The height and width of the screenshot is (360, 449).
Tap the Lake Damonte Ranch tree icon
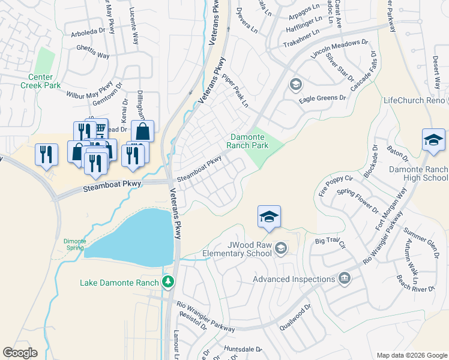pos(169,282)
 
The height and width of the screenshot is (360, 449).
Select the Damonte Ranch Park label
pos(247,142)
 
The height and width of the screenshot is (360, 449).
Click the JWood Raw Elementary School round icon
pos(280,247)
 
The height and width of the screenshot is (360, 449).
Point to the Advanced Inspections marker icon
pos(345,278)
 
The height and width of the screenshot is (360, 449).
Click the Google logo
pos(20,353)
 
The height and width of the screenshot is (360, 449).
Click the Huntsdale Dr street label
pos(243,349)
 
